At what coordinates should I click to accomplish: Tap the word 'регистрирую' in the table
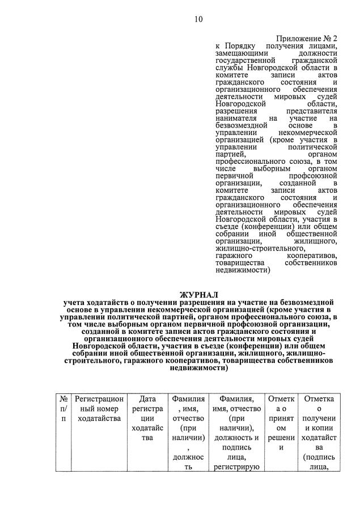click(236, 467)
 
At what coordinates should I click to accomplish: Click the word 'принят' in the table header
click(281, 418)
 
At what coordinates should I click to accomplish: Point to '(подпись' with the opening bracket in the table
click(319, 457)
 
